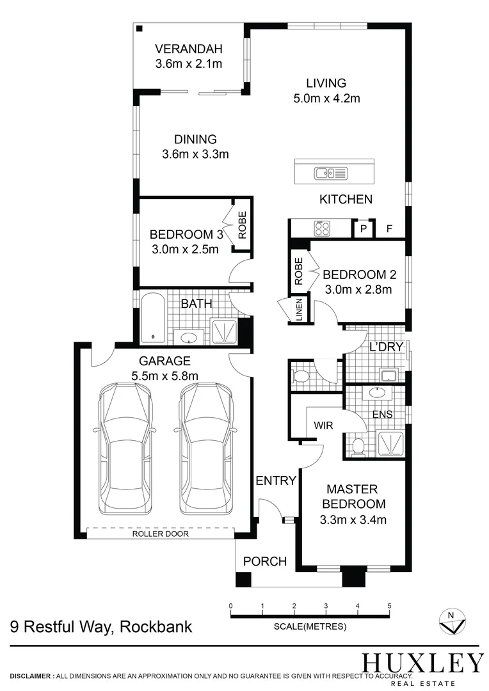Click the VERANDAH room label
188,49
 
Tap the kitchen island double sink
330,172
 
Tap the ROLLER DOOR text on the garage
160,534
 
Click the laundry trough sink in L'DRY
387,374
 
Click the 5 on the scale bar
389,605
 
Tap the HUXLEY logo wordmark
422,662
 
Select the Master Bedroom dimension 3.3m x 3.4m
353,520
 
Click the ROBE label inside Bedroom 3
243,225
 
